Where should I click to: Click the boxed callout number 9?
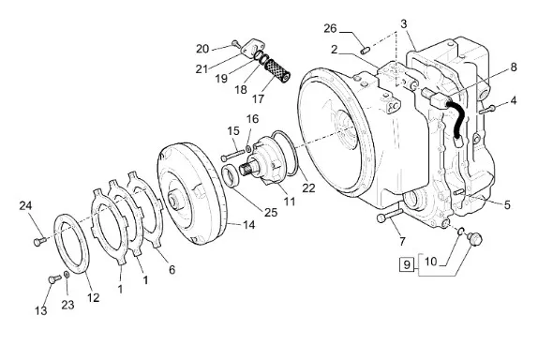click(407, 264)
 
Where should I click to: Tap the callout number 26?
click(330, 28)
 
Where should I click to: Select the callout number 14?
click(249, 225)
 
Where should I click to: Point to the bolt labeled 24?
click(39, 241)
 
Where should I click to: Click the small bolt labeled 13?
click(54, 278)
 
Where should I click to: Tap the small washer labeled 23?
click(67, 275)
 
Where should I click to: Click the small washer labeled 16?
click(248, 149)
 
